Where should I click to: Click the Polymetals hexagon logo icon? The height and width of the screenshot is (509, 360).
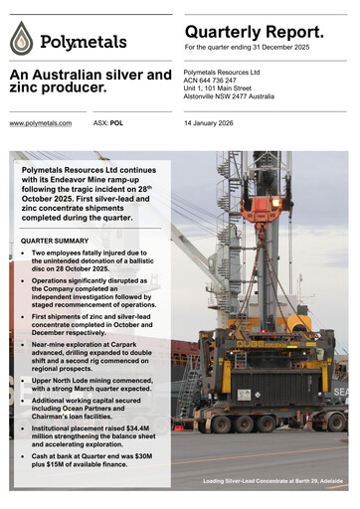coord(22,39)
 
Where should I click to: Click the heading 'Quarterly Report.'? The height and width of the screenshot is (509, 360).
coord(254,32)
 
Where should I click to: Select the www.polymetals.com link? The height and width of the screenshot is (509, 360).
coord(40,123)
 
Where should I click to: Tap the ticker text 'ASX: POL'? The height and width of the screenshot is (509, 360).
coord(108,123)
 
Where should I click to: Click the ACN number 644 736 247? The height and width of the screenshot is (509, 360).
coord(233,82)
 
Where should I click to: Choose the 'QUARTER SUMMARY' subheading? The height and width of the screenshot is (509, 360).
coord(55,242)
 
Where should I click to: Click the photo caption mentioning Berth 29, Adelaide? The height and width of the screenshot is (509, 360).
coord(273,482)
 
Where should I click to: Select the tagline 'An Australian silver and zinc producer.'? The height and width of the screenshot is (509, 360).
coord(90,84)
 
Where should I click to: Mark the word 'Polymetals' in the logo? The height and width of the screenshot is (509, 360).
coord(84,42)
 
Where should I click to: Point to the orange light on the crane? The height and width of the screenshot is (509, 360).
coord(276,203)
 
